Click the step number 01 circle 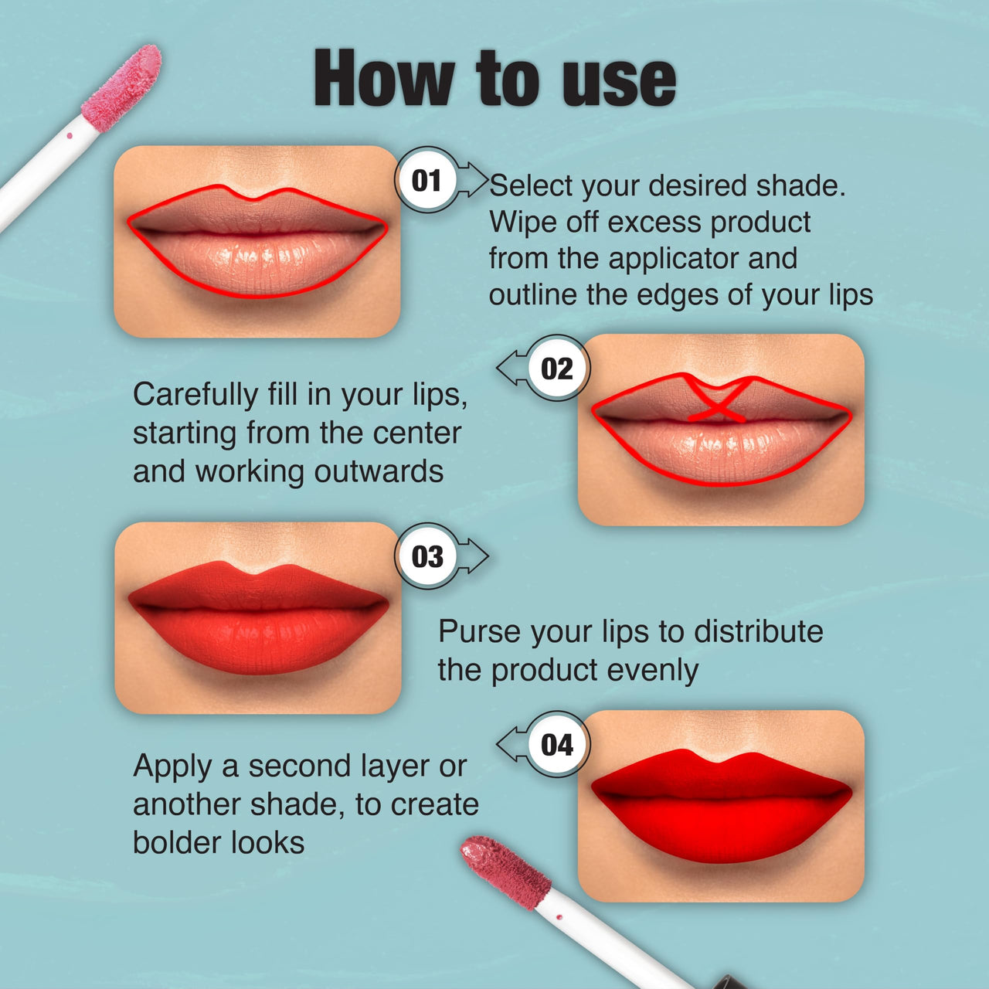(427, 180)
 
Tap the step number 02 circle (557, 369)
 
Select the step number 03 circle (427, 556)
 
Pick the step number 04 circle (557, 745)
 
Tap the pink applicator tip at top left (122, 87)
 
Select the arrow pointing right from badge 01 (474, 180)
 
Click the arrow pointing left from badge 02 (511, 369)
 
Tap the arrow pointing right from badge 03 (474, 556)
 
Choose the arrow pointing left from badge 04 (511, 745)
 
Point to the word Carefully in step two (195, 395)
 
